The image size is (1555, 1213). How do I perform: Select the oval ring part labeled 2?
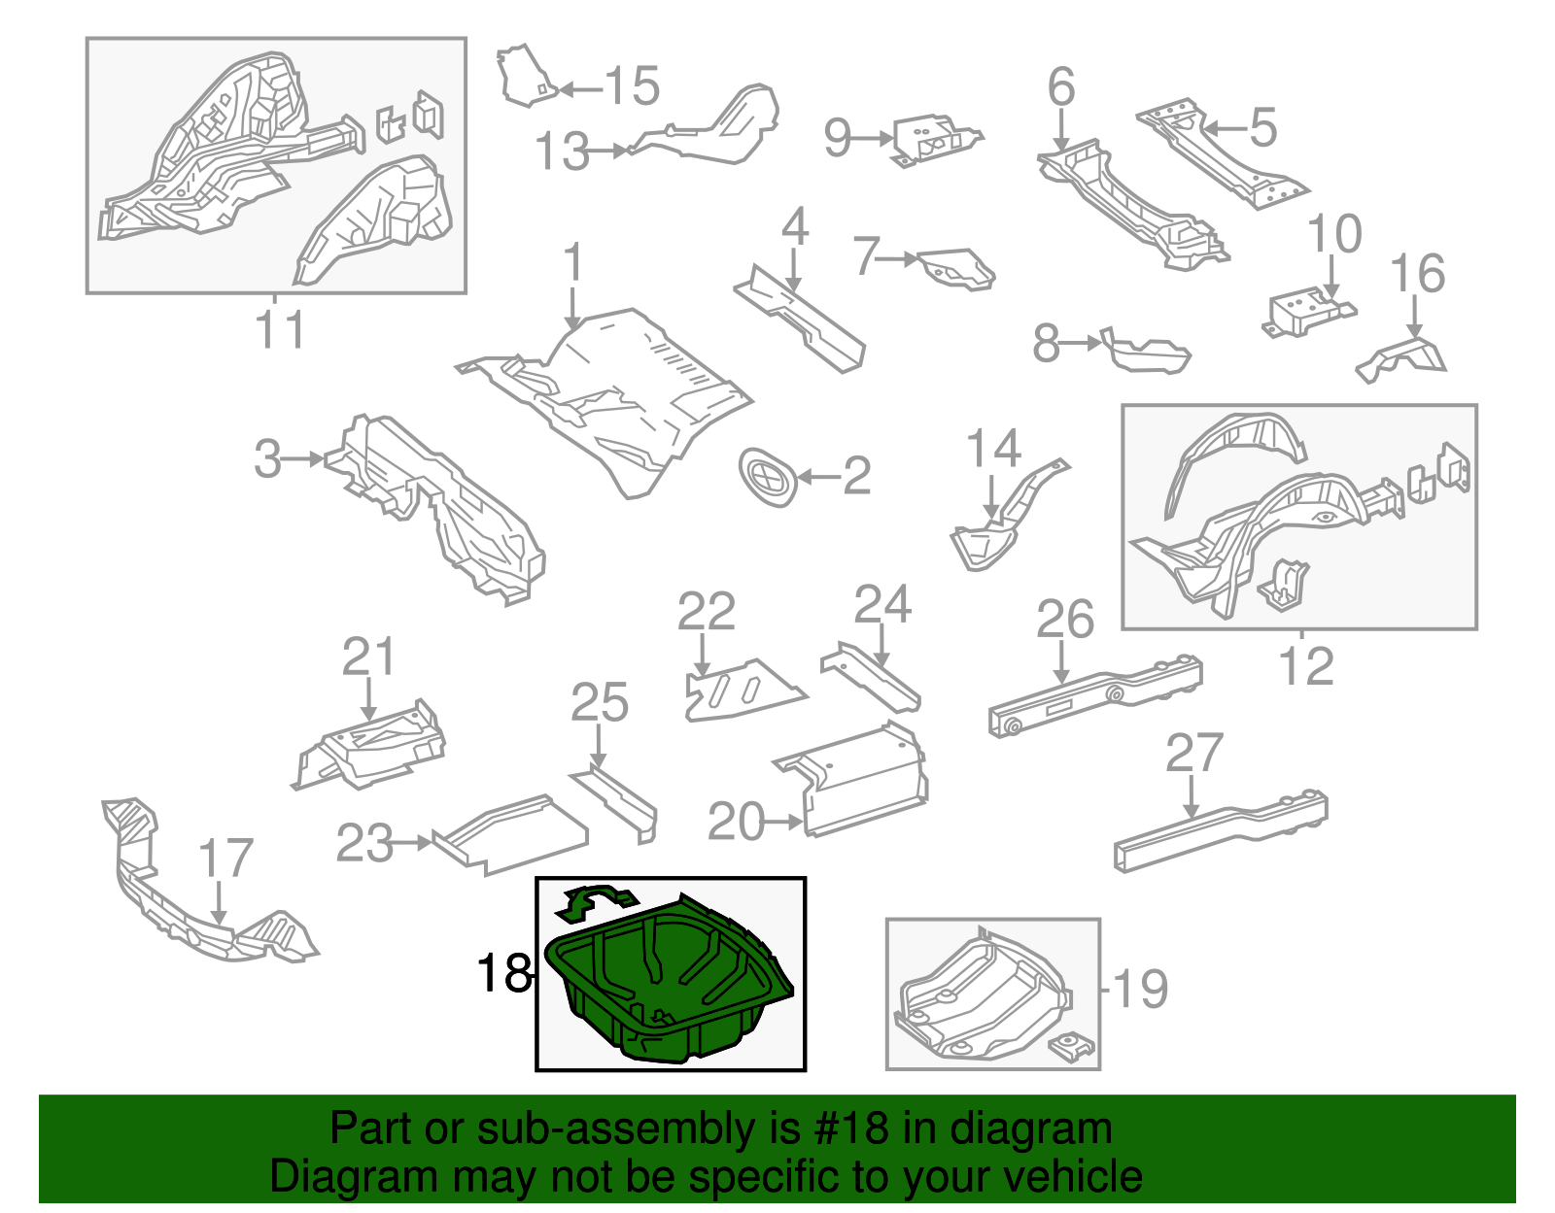tap(769, 478)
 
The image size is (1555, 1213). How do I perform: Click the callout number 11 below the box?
tap(280, 330)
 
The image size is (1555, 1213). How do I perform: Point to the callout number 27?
tap(1194, 755)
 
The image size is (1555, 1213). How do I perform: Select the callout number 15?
tap(633, 86)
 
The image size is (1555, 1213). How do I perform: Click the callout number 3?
tap(267, 458)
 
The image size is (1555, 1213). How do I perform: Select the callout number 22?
tap(706, 613)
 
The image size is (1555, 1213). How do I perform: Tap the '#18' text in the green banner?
tap(845, 1129)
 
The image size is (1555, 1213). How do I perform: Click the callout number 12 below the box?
tap(1305, 666)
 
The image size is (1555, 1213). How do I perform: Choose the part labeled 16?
tap(1404, 356)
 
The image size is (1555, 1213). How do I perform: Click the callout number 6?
tap(1061, 86)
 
